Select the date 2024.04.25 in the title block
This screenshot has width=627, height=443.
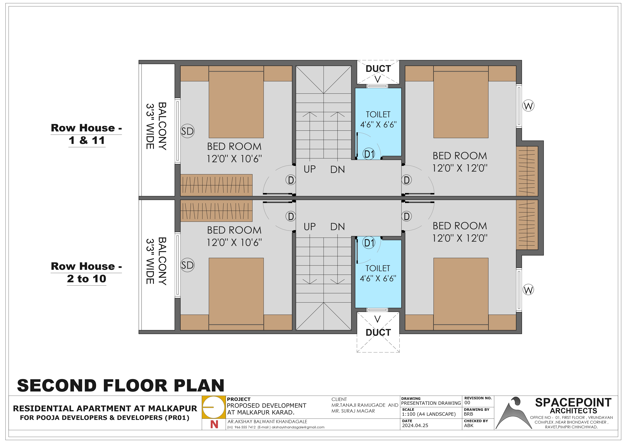(x=415, y=426)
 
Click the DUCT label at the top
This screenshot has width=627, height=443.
(x=378, y=69)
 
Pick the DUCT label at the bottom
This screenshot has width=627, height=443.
(x=378, y=332)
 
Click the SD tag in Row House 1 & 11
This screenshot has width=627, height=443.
(x=187, y=131)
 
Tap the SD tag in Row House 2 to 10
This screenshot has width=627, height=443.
(x=187, y=265)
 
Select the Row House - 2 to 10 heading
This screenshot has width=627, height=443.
(x=86, y=272)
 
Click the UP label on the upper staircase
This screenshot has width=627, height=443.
(x=310, y=169)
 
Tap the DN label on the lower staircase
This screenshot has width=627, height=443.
(x=338, y=226)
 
